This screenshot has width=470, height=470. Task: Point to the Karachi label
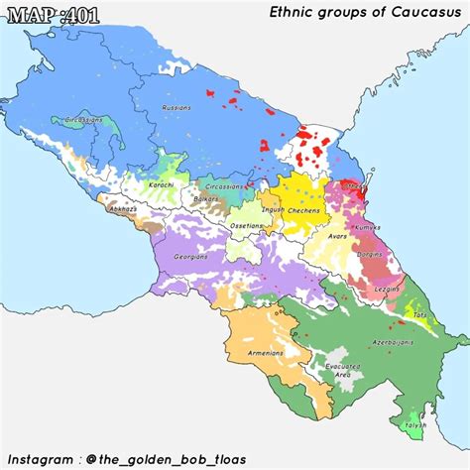pyautogui.click(x=163, y=184)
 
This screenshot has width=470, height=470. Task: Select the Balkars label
pyautogui.click(x=206, y=201)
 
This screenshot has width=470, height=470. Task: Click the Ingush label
pyautogui.click(x=274, y=210)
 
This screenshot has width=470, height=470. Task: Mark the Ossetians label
pyautogui.click(x=247, y=225)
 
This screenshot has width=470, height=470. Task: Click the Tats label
pyautogui.click(x=420, y=314)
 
